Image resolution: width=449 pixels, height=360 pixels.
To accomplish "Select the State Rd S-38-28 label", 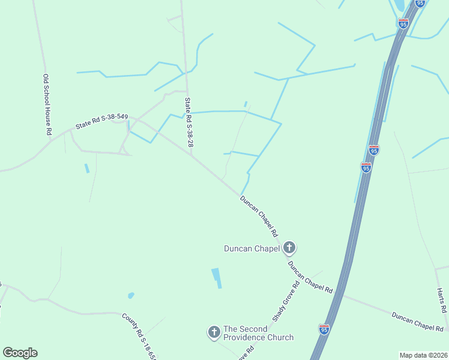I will point(189,122).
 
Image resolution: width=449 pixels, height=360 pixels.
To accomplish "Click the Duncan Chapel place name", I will point(252,248).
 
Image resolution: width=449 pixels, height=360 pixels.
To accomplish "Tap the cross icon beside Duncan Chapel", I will point(289,247).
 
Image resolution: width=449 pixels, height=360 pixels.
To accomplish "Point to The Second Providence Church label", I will point(259,333).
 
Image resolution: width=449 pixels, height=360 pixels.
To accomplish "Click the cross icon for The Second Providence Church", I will point(214,332).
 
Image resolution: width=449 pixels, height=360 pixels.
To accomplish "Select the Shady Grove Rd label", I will point(285,302).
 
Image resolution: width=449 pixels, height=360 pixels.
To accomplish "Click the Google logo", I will point(20,353).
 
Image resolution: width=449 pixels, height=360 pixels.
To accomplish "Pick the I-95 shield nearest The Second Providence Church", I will point(324,329).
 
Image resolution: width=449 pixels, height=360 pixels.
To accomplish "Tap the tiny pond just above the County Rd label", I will point(131,296).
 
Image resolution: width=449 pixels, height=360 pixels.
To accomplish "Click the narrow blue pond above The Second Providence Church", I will point(216,278).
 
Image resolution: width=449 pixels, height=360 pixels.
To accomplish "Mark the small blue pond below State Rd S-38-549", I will point(86,168).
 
